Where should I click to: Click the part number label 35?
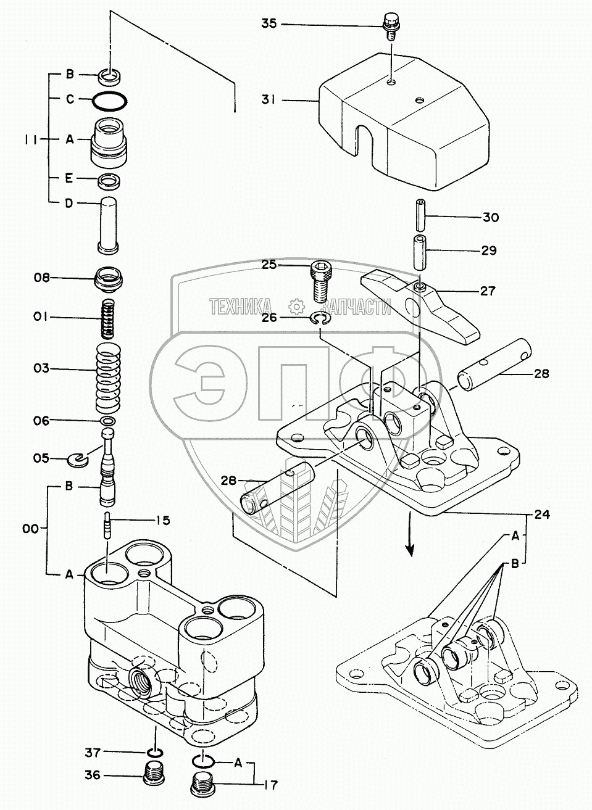tap(269, 23)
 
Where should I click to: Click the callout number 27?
tap(488, 290)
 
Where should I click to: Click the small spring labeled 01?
tap(109, 317)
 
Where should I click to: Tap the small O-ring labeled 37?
tap(156, 752)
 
